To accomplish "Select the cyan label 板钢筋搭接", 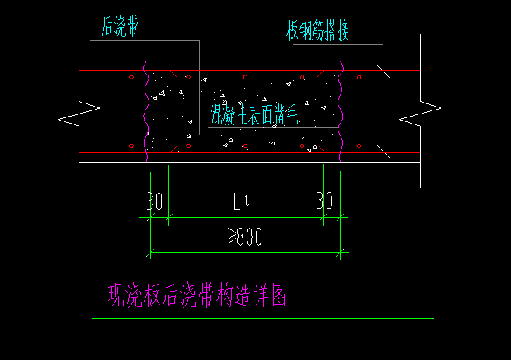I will click(x=317, y=32).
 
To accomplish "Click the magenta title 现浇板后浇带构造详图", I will click(x=198, y=295).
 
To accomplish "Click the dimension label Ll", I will click(x=242, y=203).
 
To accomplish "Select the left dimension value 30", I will click(x=154, y=202).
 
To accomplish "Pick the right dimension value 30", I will click(x=324, y=202).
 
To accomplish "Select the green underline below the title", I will click(x=263, y=327).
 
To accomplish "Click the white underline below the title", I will click(x=263, y=319).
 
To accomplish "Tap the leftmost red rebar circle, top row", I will click(x=132, y=78).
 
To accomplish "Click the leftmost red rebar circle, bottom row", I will click(x=132, y=145).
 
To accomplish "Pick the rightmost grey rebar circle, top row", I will click(x=359, y=78).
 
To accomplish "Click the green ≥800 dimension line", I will click(x=249, y=252).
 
